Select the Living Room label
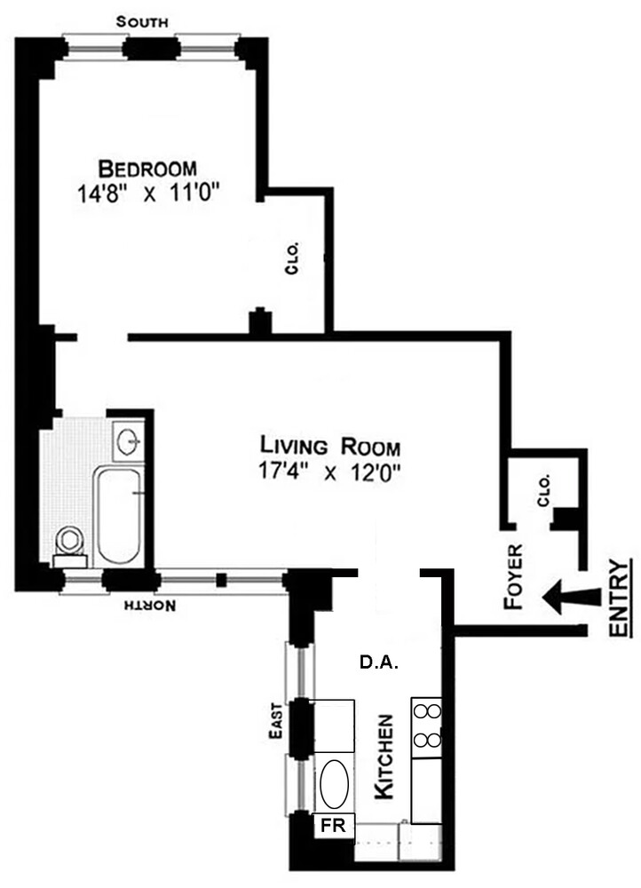[329, 445]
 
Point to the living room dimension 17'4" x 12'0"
[329, 472]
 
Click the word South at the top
[145, 20]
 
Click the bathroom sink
[131, 439]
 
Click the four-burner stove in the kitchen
[426, 727]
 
